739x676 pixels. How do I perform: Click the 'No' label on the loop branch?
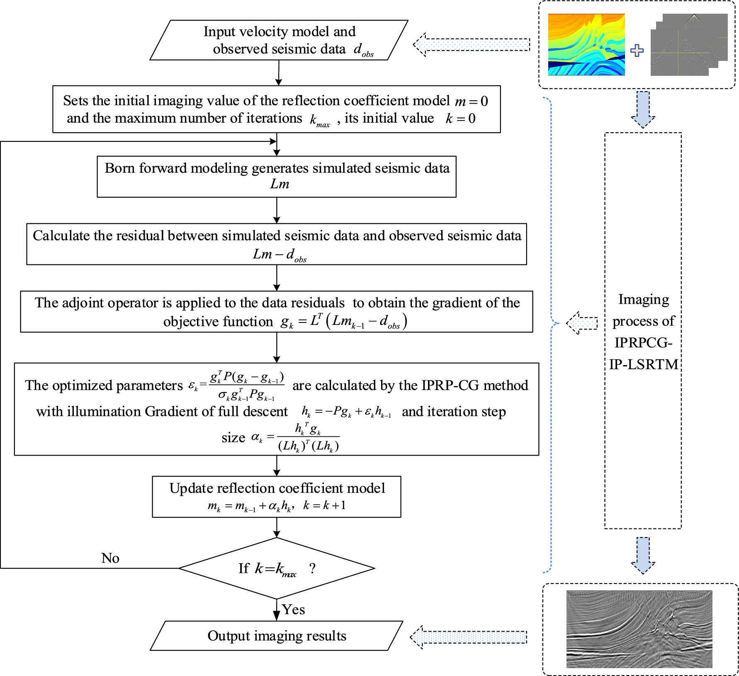(110, 558)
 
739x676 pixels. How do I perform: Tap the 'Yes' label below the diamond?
(293, 609)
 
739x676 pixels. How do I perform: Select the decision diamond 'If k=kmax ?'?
(277, 568)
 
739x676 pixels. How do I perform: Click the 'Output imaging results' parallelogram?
(277, 635)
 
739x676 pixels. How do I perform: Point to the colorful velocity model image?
(586, 44)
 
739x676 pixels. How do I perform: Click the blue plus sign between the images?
(637, 51)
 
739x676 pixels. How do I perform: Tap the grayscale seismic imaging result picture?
(639, 629)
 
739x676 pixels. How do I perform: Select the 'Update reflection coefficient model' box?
(277, 496)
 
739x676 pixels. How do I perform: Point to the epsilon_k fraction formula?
(238, 386)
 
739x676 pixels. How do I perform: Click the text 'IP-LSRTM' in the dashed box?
(643, 364)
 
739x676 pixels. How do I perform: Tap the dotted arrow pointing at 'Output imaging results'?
(469, 637)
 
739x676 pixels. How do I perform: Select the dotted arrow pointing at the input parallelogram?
(472, 44)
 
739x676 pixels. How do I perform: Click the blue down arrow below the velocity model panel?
(643, 109)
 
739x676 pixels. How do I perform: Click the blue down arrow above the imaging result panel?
(643, 555)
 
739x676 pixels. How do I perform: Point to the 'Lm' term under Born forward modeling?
(280, 184)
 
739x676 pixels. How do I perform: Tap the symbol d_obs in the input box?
(363, 50)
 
